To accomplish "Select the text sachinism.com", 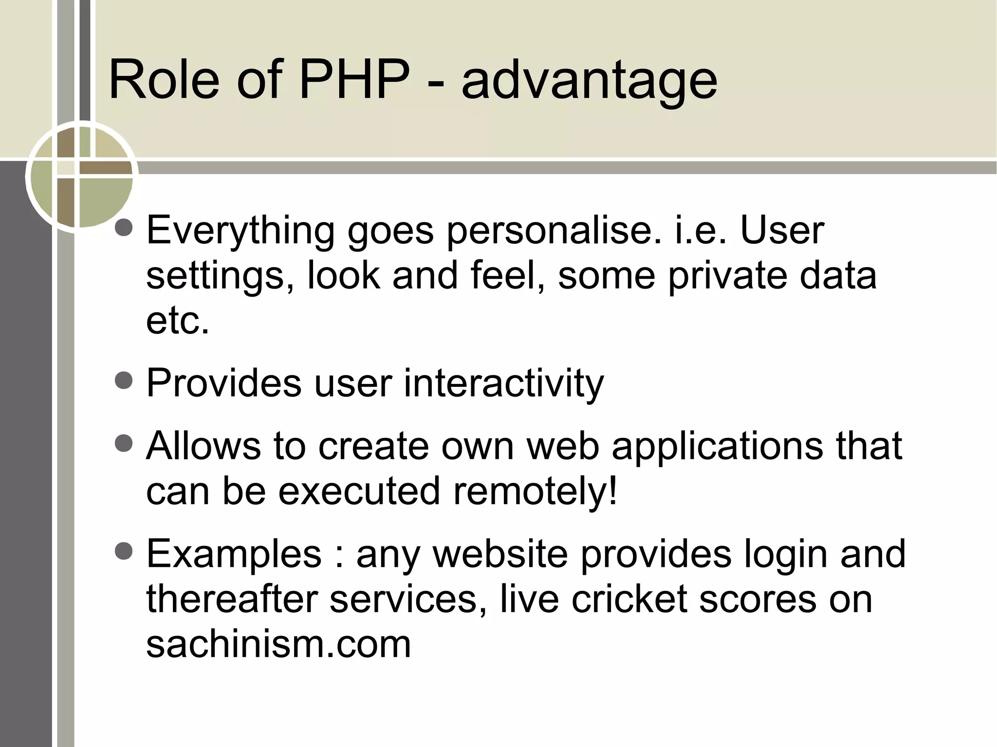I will point(278,644).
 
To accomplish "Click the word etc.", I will point(178,321).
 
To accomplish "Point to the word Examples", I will point(234,555).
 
